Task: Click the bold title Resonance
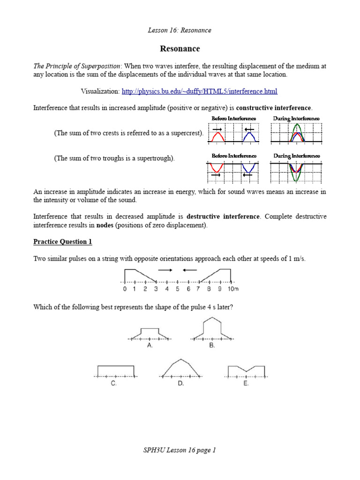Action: (x=180, y=49)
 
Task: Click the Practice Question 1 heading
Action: (x=63, y=242)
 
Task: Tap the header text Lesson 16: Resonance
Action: (x=180, y=30)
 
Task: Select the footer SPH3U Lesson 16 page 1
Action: (x=180, y=450)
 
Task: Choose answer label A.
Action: (x=150, y=345)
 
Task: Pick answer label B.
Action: (x=212, y=345)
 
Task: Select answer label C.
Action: (x=114, y=383)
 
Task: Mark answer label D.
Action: (x=181, y=383)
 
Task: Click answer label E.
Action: (x=246, y=383)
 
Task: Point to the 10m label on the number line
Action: (x=233, y=289)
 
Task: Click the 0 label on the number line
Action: (x=125, y=289)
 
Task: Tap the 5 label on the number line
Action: (x=178, y=289)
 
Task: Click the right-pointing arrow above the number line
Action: (x=165, y=270)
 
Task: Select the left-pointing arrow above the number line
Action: (x=189, y=270)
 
